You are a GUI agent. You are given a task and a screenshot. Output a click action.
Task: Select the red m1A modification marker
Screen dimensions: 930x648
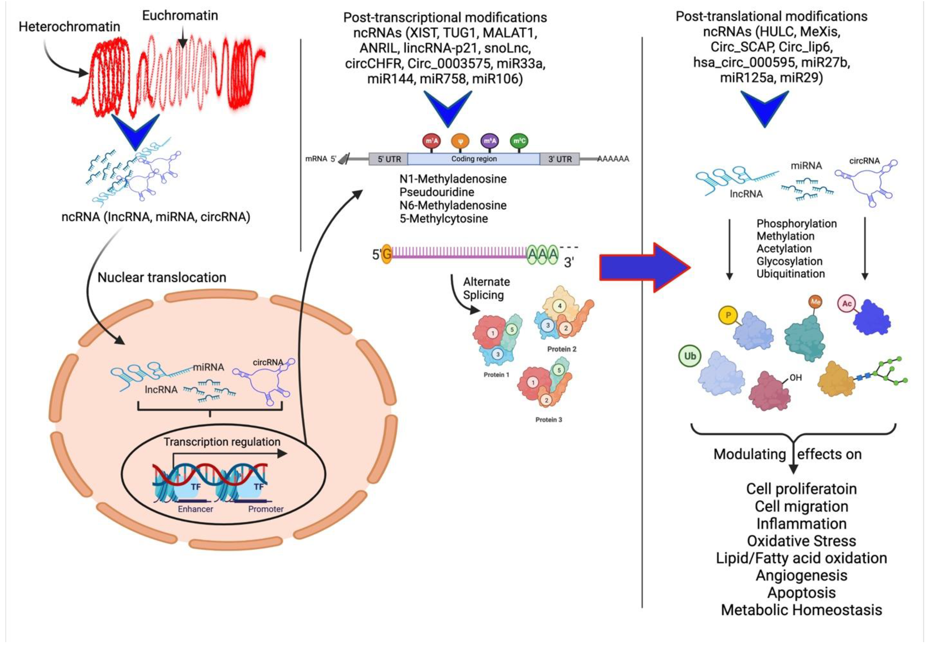[x=431, y=141]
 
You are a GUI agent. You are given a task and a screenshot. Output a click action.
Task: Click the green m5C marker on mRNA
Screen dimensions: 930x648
[x=519, y=141]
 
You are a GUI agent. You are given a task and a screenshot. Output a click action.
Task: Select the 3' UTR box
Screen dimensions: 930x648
[x=560, y=159]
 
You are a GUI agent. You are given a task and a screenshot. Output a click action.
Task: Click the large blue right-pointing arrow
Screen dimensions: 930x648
[x=645, y=267]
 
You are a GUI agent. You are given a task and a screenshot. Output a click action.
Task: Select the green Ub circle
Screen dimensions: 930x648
[x=690, y=356]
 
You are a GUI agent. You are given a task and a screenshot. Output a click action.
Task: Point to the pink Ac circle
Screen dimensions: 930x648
[x=847, y=304]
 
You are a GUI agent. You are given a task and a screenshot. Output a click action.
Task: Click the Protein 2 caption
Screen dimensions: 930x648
[x=561, y=349]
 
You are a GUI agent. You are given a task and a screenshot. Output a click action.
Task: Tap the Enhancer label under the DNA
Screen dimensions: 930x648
[x=195, y=509]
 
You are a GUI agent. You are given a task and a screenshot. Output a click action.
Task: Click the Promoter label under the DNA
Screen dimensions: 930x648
[x=266, y=509]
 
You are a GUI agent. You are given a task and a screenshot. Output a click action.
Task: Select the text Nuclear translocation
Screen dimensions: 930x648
[x=162, y=278]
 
